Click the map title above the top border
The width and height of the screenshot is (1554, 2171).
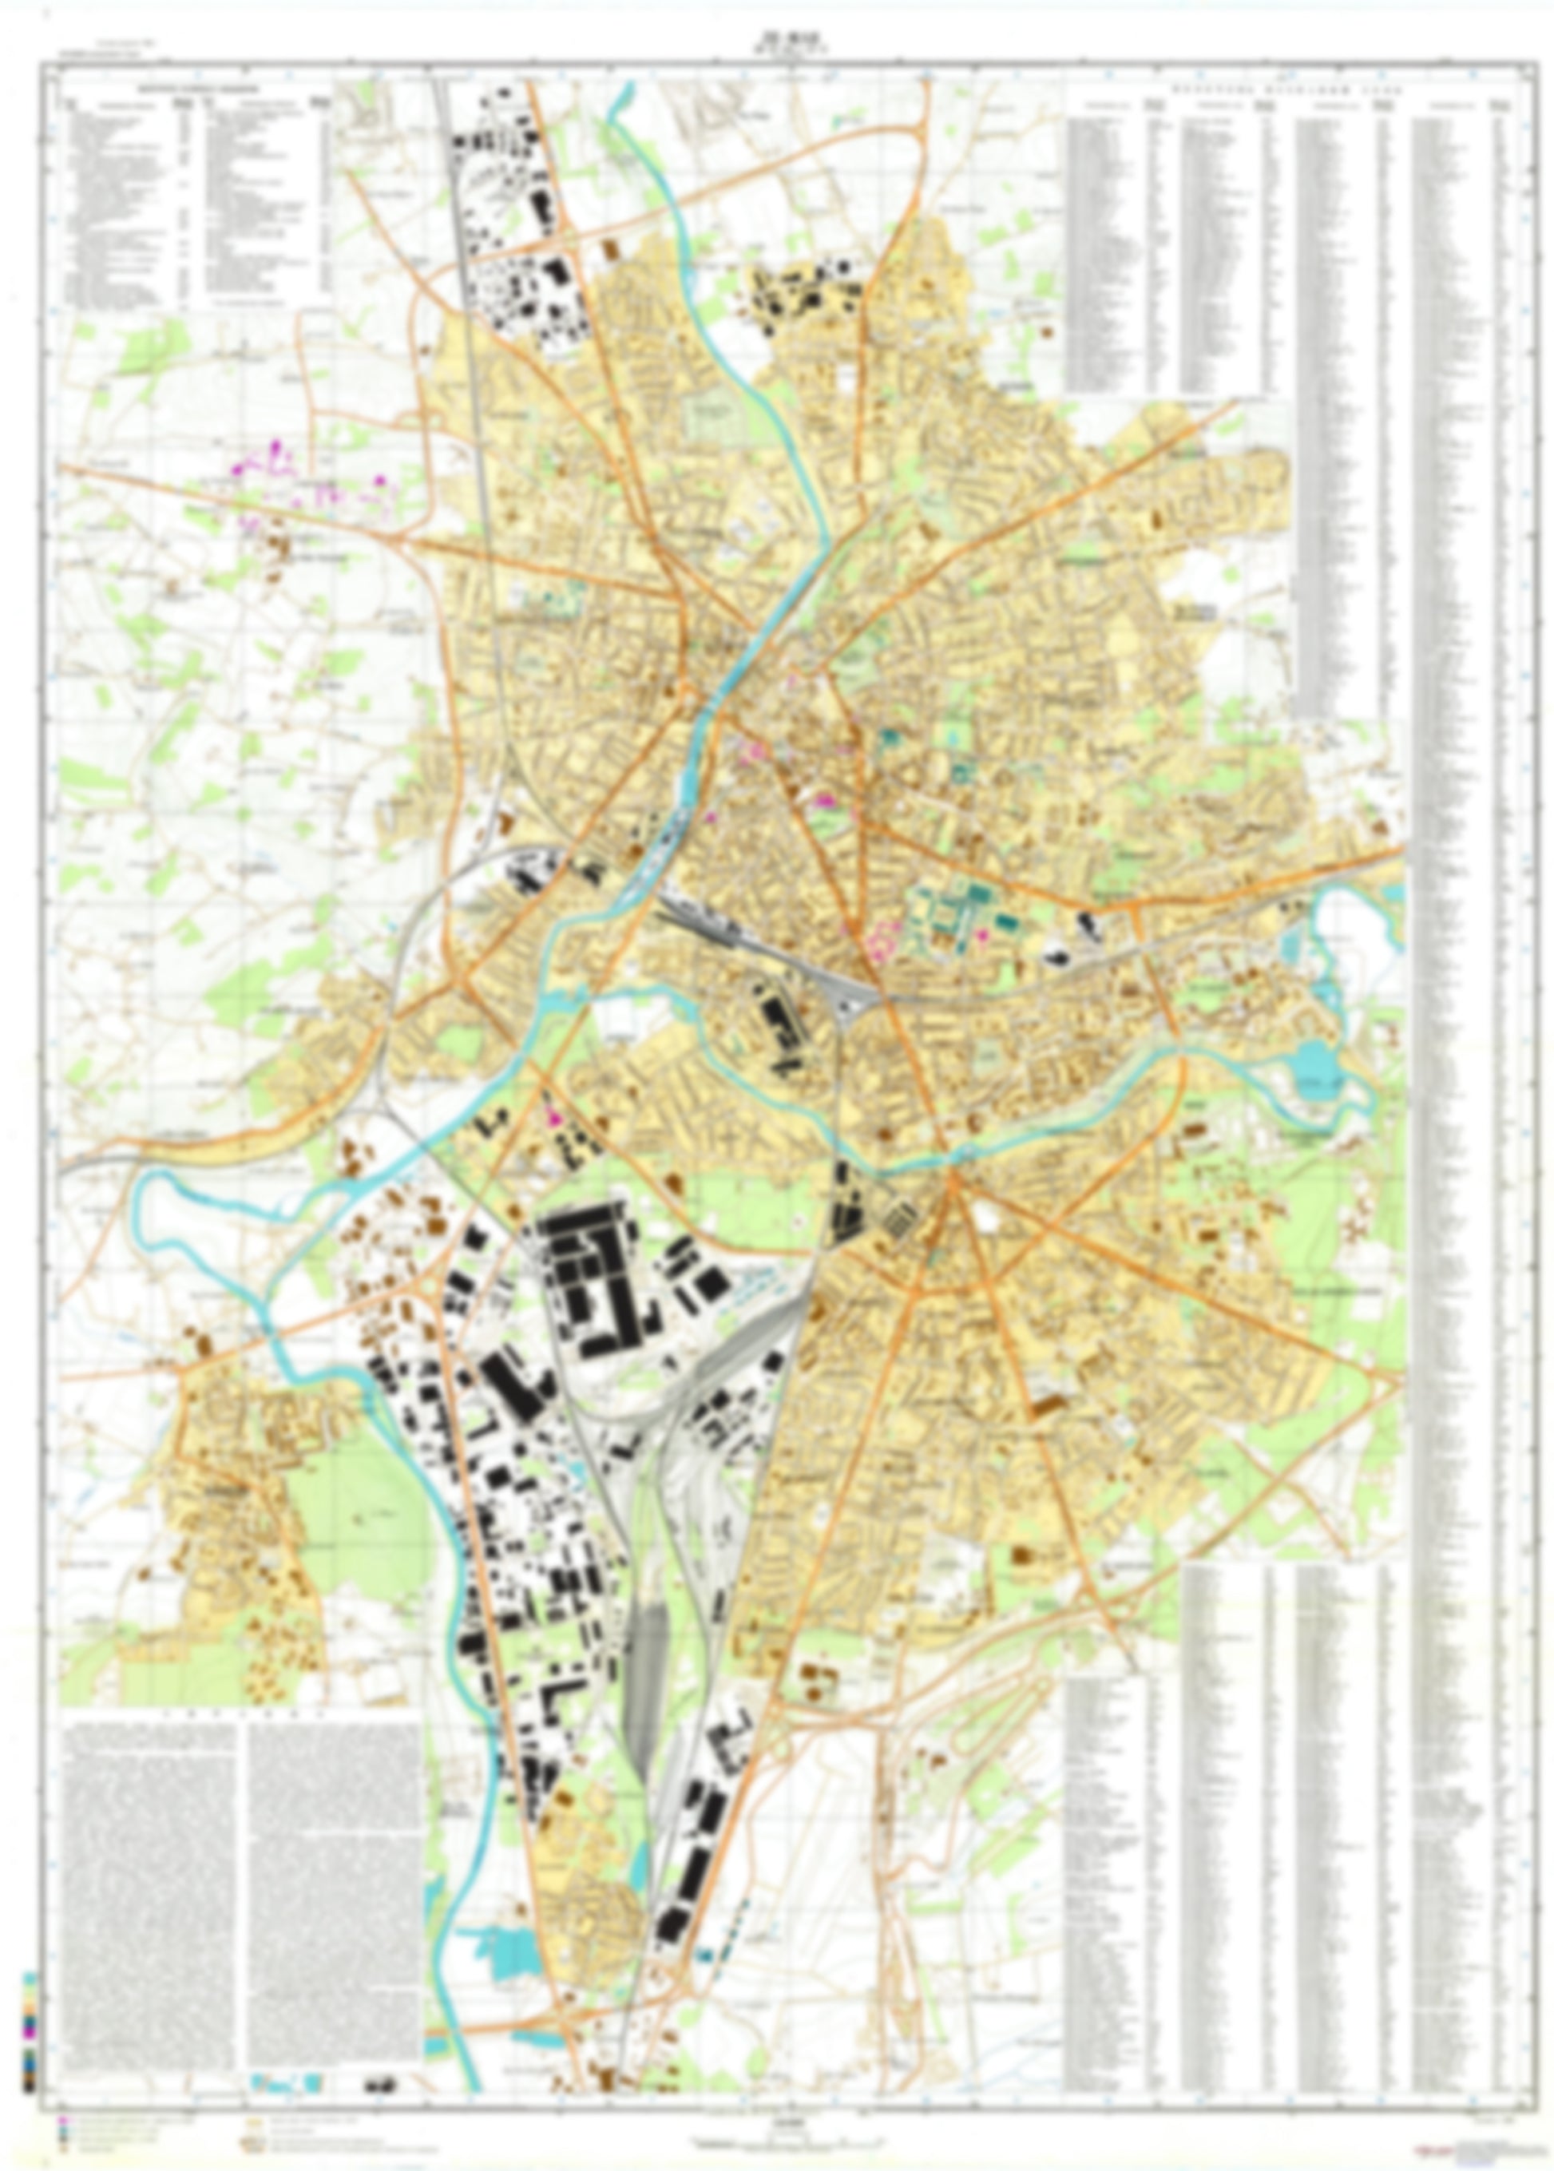pyautogui.click(x=777, y=40)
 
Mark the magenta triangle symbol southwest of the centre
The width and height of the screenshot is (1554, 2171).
pyautogui.click(x=551, y=1115)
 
